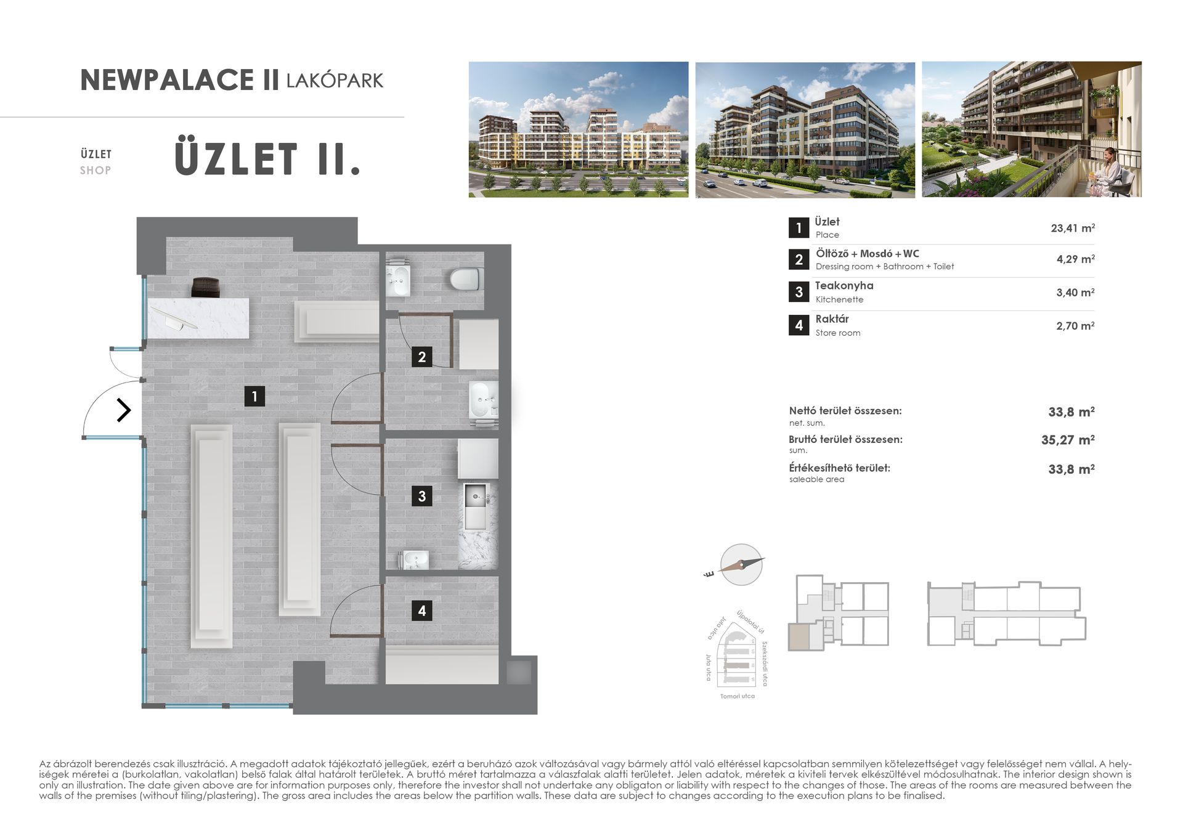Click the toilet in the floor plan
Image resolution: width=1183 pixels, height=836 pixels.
click(465, 279)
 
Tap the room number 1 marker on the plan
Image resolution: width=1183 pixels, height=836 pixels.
click(254, 396)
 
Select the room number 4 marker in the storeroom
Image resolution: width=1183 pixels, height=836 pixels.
click(421, 611)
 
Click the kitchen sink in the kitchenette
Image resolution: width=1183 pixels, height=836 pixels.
click(476, 496)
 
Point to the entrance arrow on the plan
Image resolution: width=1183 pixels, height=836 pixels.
click(124, 410)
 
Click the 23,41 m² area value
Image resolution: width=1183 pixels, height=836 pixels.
click(1072, 228)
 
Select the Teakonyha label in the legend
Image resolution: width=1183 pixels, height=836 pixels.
click(844, 286)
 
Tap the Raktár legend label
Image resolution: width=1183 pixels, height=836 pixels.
click(831, 319)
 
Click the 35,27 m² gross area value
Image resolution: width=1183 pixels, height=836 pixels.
click(1067, 440)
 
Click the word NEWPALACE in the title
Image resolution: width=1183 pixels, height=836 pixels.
click(167, 81)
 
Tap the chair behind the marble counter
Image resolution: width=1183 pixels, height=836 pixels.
click(205, 287)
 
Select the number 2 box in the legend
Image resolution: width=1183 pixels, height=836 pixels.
click(799, 259)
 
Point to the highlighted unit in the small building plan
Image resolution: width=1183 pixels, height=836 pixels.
click(799, 636)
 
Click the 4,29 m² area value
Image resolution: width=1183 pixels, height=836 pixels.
click(1075, 259)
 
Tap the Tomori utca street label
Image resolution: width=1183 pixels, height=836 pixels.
click(737, 696)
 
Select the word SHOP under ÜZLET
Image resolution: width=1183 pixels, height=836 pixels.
click(96, 171)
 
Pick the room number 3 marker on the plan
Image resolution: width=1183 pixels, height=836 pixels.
click(421, 496)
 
